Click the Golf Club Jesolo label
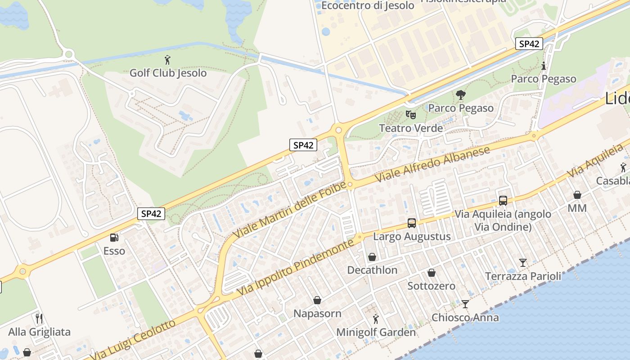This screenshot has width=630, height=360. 168,73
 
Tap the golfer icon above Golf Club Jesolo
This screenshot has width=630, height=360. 168,59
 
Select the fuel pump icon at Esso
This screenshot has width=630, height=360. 114,237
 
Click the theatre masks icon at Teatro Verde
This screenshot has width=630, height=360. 410,114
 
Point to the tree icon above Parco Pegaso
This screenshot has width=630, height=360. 460,95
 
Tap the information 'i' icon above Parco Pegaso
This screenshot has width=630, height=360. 543,66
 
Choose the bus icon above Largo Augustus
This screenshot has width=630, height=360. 411,223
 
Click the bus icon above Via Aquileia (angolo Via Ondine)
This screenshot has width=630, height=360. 503,201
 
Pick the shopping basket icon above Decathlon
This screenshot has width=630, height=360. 372,257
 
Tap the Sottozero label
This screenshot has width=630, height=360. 431,286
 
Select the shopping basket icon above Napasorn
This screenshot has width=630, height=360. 317,300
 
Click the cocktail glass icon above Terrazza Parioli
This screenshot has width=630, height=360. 522,262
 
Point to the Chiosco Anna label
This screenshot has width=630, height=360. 465,317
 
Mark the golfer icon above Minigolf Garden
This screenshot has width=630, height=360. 376,319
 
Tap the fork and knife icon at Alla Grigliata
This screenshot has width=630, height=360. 39,319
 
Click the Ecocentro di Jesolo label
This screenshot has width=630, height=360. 368,6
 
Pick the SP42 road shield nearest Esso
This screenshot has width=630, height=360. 151,214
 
